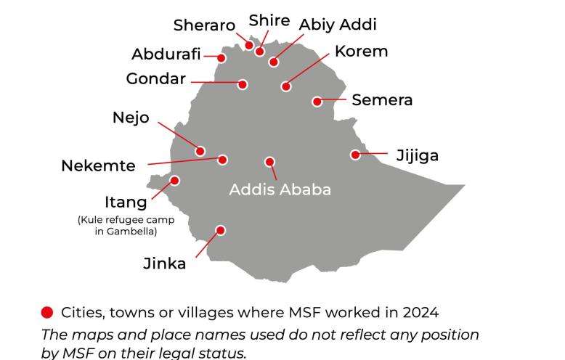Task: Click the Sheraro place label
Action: [204, 25]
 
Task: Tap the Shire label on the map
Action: [269, 20]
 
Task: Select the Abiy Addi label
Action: [338, 24]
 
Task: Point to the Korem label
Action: [361, 52]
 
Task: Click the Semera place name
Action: [382, 100]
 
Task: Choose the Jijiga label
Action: [418, 155]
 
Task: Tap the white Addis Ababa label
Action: [280, 189]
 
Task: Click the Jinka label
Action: [164, 263]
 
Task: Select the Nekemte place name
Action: [98, 165]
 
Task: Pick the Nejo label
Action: [131, 118]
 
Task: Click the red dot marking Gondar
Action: [243, 84]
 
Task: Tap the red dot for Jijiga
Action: [355, 155]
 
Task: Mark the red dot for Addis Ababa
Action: [269, 162]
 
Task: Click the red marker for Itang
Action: [174, 181]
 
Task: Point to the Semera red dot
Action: [317, 102]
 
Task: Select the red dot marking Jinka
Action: [221, 230]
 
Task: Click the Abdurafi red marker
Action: [221, 57]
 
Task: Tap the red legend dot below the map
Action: [47, 313]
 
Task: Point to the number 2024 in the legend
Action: [420, 313]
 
